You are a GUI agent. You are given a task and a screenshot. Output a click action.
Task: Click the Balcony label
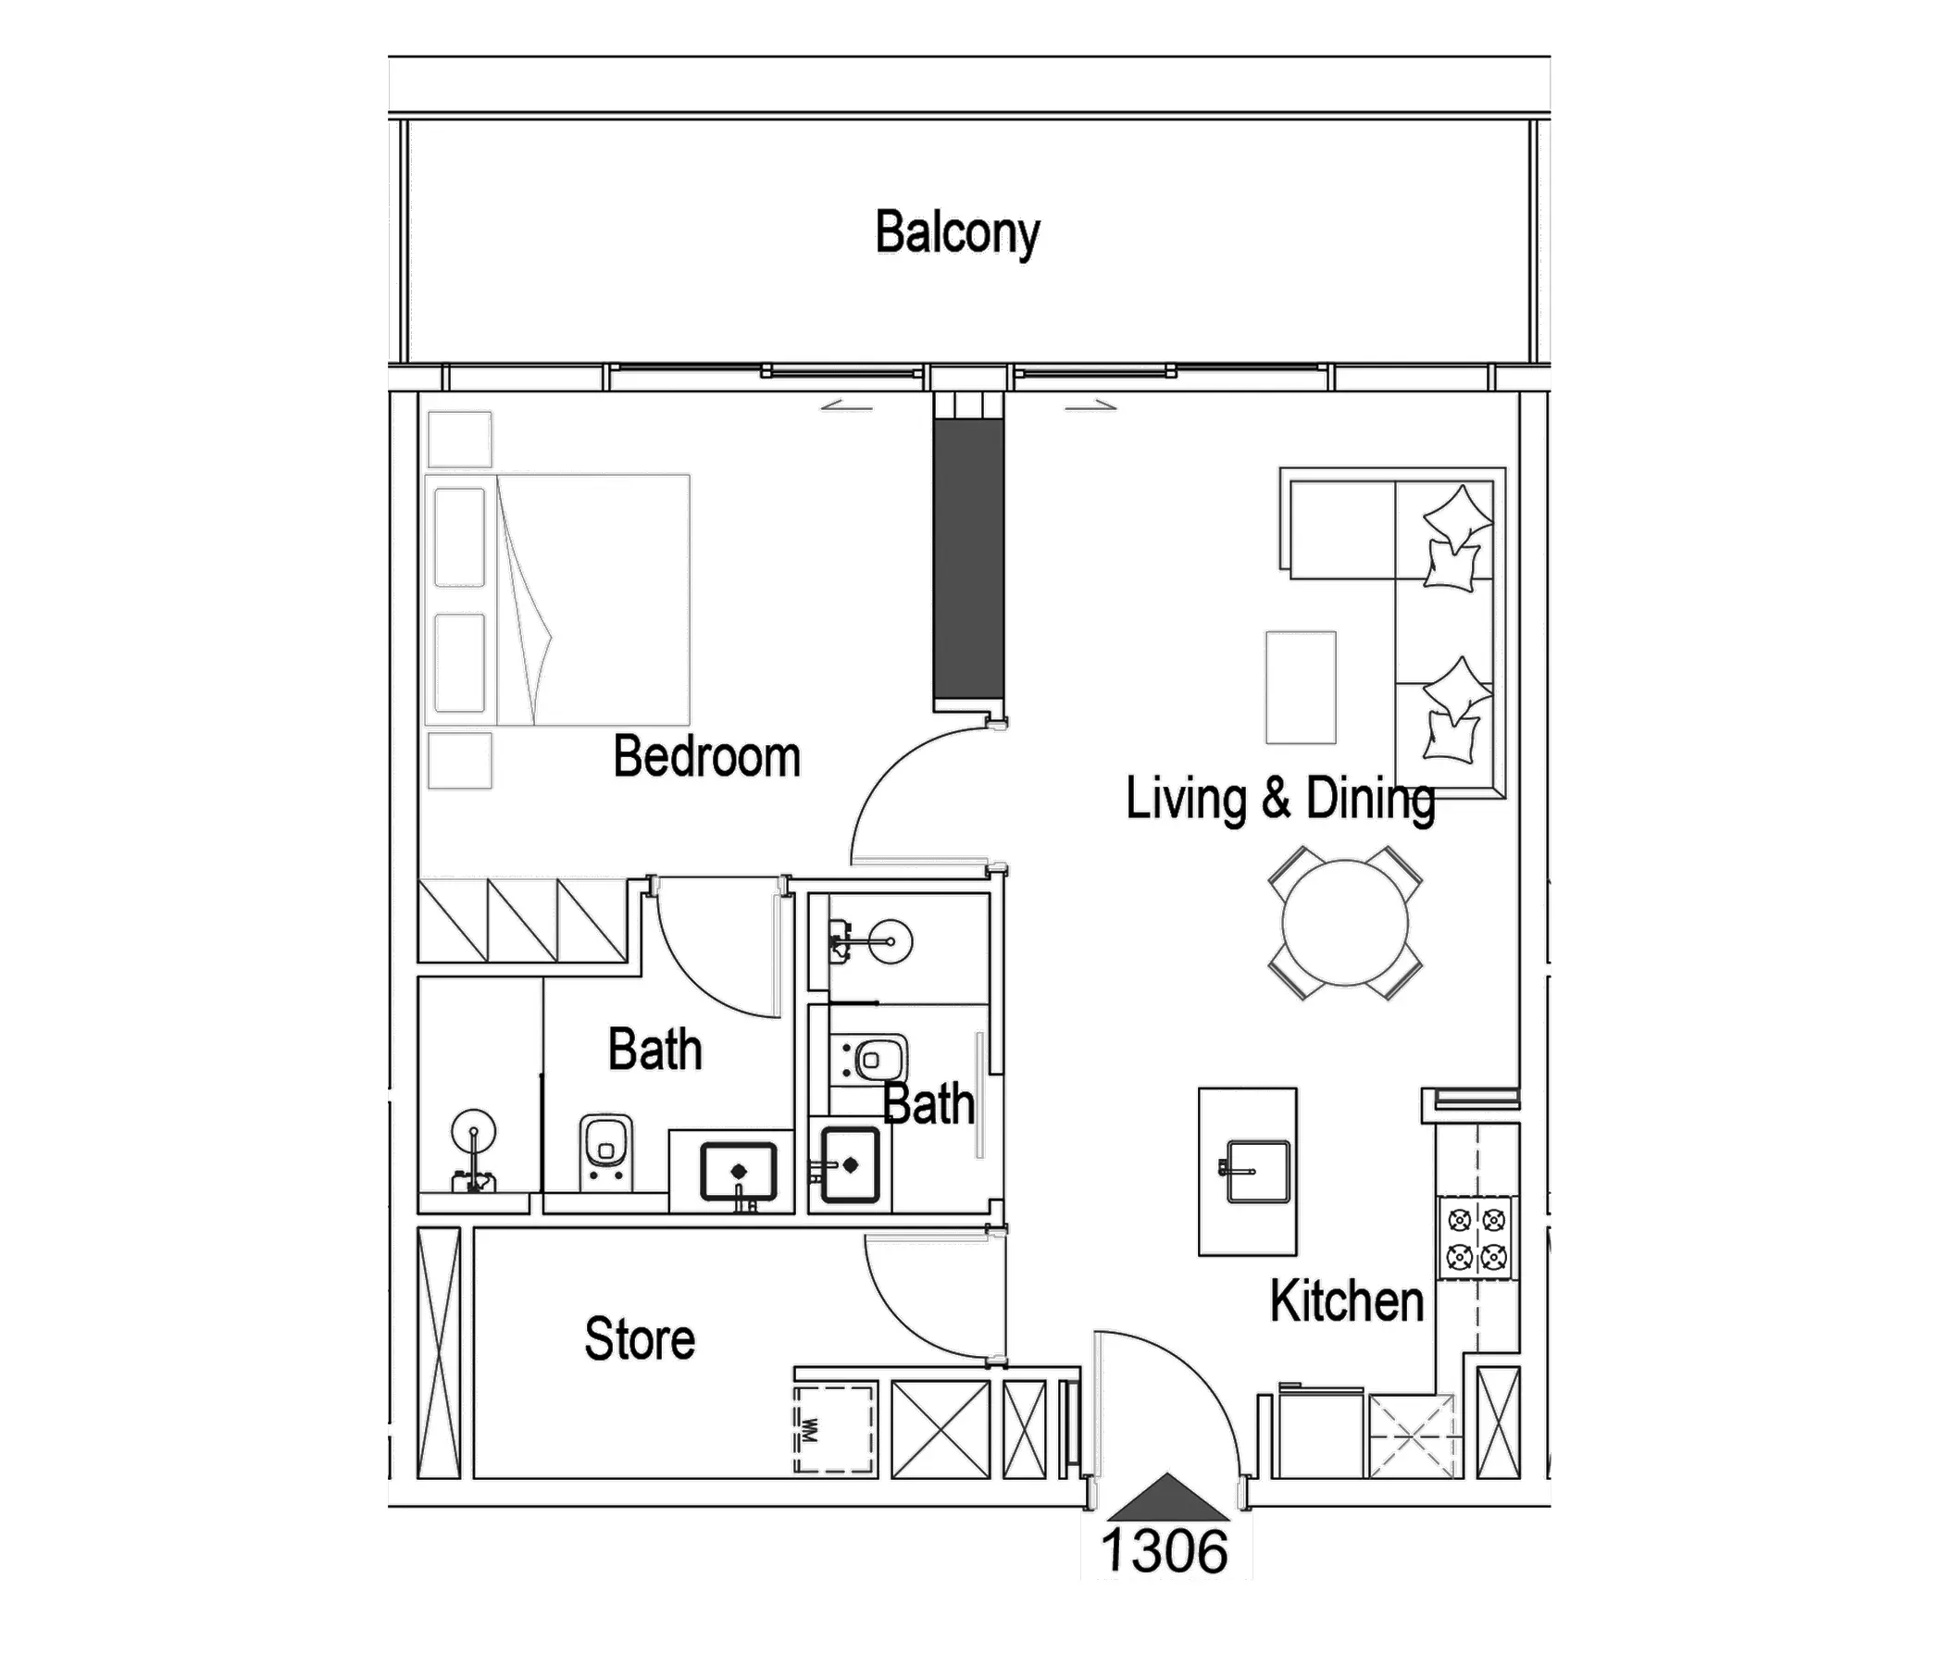coord(957,232)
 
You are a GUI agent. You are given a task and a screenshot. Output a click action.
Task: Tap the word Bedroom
coord(706,756)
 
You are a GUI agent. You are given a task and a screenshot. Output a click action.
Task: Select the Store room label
coord(640,1338)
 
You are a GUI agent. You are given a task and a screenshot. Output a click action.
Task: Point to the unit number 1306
coord(1165,1550)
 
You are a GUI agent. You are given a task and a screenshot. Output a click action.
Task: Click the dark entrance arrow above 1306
coord(1167,1497)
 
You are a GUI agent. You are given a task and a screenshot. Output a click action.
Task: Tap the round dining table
coord(1345,922)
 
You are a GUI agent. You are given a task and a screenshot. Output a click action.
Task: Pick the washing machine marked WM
coord(834,1429)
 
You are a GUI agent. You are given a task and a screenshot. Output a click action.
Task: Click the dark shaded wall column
coord(968,559)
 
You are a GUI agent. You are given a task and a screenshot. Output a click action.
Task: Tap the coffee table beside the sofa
coord(1301,688)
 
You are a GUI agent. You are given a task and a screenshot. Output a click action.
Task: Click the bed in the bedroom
coord(557,600)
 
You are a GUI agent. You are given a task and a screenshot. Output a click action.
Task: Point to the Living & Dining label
coord(1280,800)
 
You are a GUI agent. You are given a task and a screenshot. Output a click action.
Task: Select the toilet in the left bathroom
coord(605,1151)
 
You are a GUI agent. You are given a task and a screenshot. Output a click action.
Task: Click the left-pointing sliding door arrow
coord(846,406)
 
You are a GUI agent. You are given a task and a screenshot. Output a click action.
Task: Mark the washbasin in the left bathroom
coord(739,1172)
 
